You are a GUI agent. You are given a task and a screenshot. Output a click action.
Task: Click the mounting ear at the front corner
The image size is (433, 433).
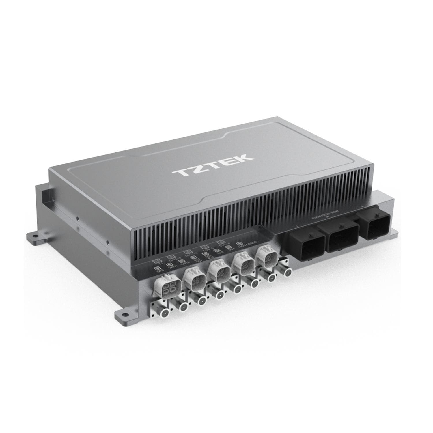[x=123, y=316]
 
